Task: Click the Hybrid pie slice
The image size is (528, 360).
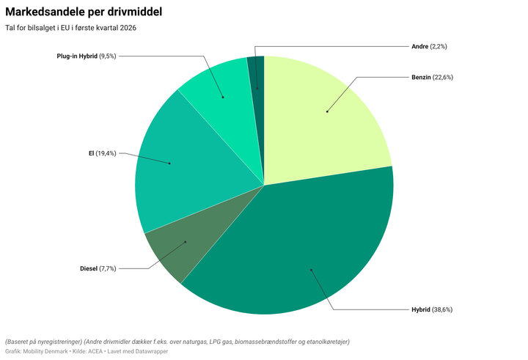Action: click(x=293, y=249)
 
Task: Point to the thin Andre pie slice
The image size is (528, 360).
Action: click(x=256, y=73)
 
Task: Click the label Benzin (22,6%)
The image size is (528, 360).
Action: click(x=432, y=77)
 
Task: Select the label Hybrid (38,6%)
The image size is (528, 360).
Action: click(x=432, y=309)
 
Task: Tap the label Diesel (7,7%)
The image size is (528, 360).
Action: click(x=98, y=268)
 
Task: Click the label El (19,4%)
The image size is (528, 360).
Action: click(x=102, y=153)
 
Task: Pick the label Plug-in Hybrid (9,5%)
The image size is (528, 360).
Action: click(x=86, y=56)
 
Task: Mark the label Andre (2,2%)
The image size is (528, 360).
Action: click(x=429, y=46)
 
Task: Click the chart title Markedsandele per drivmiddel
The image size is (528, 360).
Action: click(x=84, y=12)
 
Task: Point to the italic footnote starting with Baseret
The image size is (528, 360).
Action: click(x=177, y=342)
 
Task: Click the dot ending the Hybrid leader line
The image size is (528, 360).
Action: click(x=311, y=270)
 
